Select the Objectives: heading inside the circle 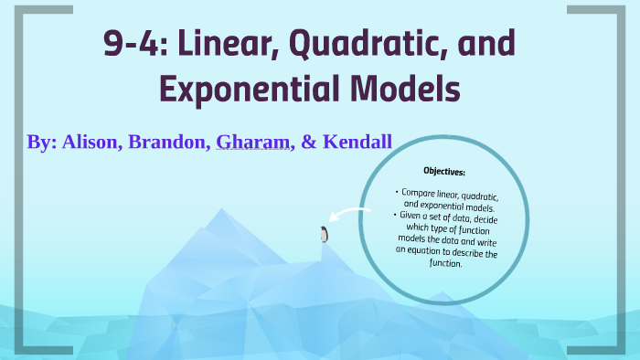coord(444,171)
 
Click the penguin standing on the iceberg coord(323,235)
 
